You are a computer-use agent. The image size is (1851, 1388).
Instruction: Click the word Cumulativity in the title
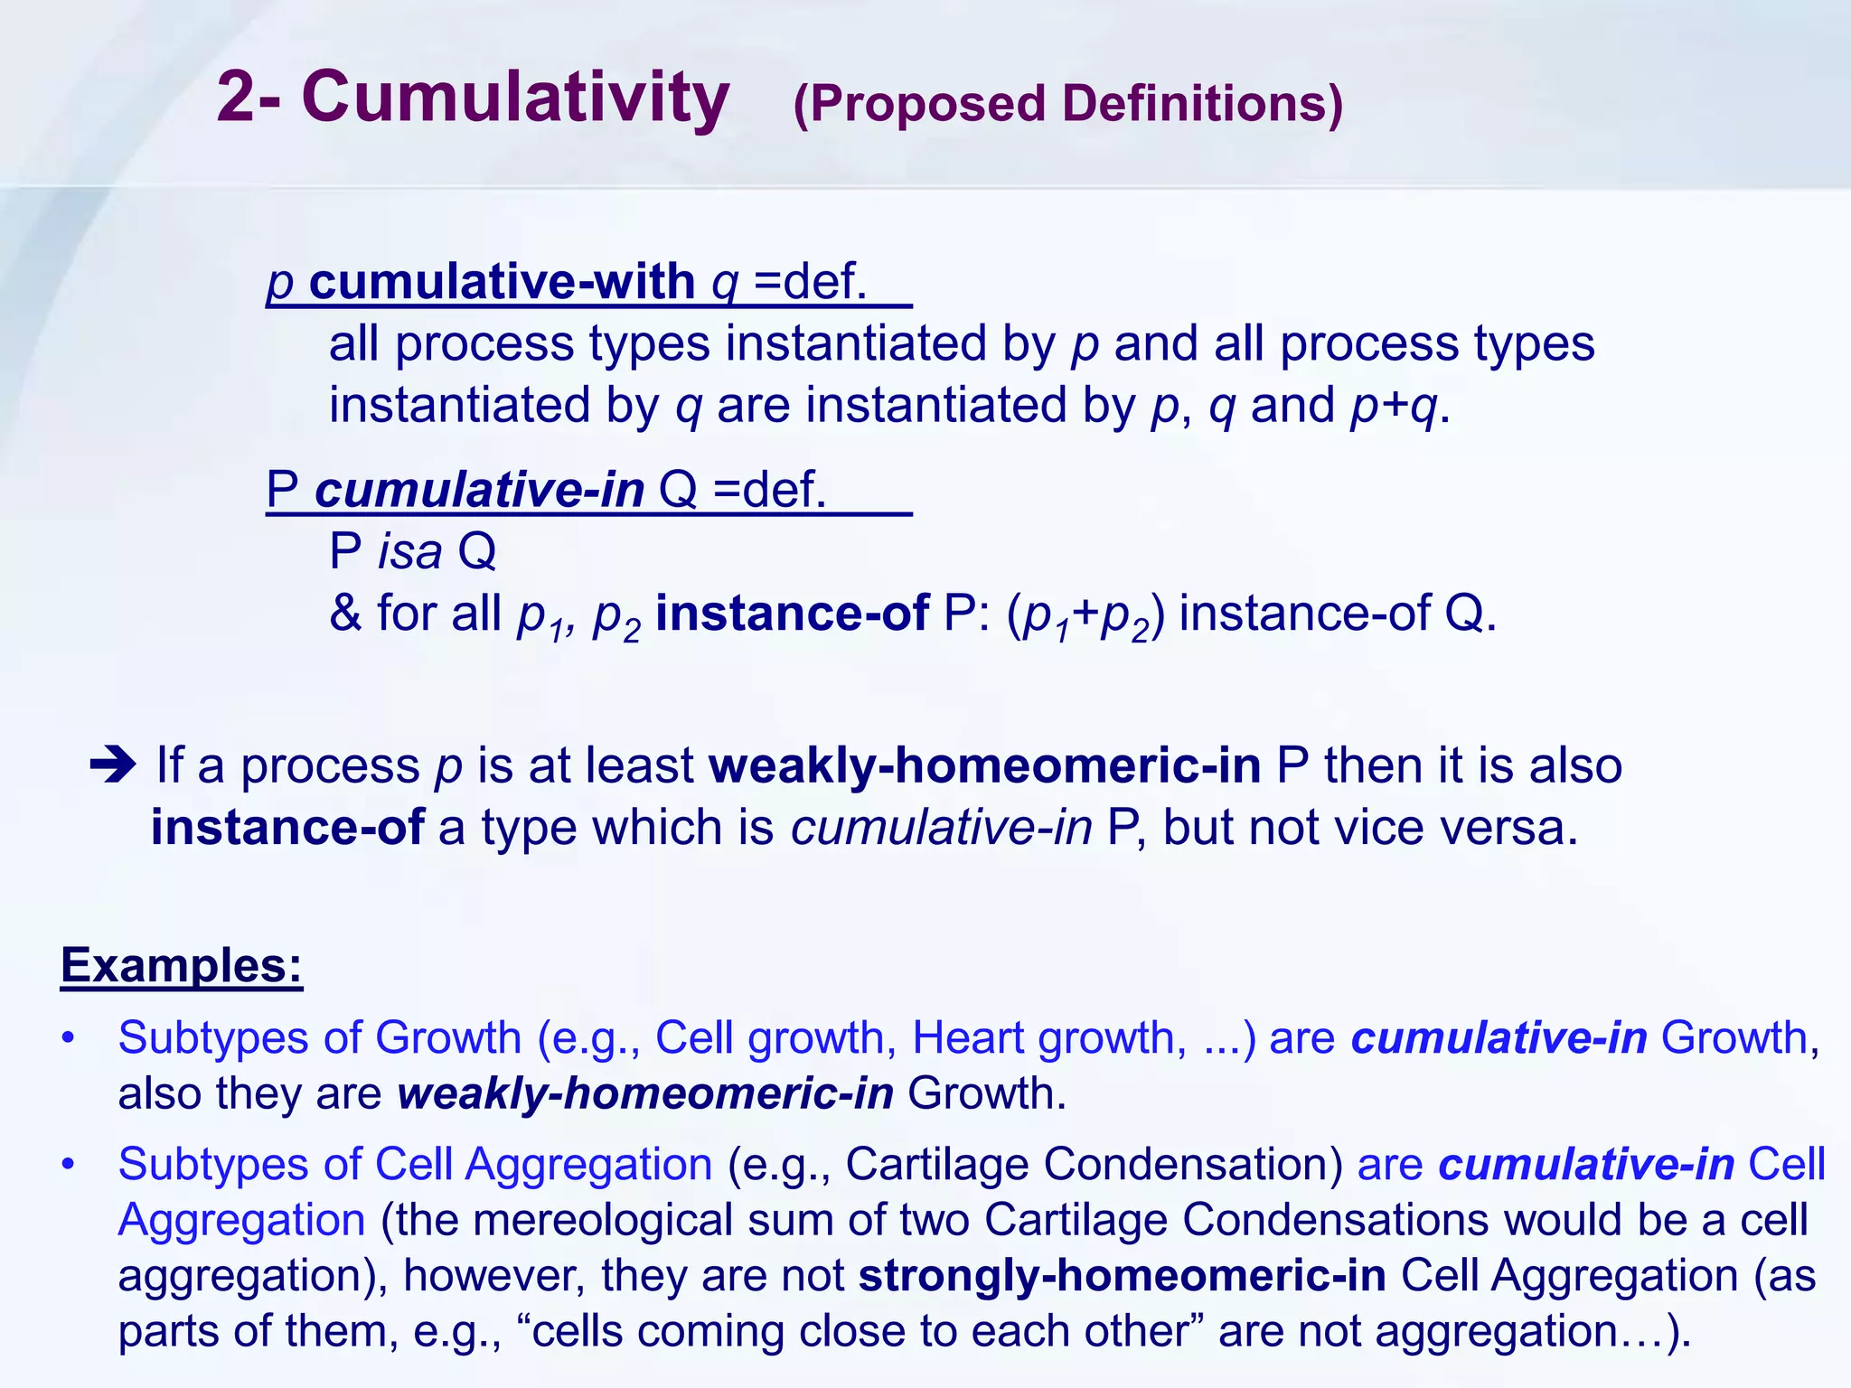[515, 98]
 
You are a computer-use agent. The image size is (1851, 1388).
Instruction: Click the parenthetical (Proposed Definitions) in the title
[1067, 104]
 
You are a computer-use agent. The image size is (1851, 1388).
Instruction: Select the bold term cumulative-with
[502, 282]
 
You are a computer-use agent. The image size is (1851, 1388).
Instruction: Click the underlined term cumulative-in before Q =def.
[479, 490]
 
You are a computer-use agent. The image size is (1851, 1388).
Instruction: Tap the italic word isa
[409, 551]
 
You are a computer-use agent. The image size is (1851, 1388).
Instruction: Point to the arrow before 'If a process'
[113, 765]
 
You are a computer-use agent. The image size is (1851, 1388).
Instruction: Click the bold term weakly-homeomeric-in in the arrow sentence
[984, 765]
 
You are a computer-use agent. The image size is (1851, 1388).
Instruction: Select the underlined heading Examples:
[181, 965]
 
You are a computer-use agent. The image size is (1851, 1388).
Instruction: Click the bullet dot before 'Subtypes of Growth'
[68, 1038]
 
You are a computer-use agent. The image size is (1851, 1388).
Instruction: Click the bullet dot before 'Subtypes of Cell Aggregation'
[68, 1165]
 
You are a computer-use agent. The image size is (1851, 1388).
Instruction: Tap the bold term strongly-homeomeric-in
[1122, 1276]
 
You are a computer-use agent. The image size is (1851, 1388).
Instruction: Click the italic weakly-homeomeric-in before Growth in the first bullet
[645, 1093]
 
